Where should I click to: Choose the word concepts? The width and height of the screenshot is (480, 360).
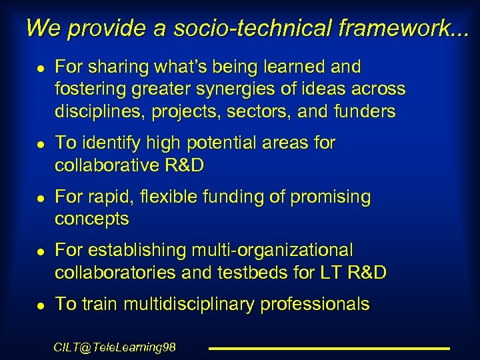click(x=91, y=219)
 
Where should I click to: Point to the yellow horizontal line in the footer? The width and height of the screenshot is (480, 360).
click(x=329, y=348)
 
